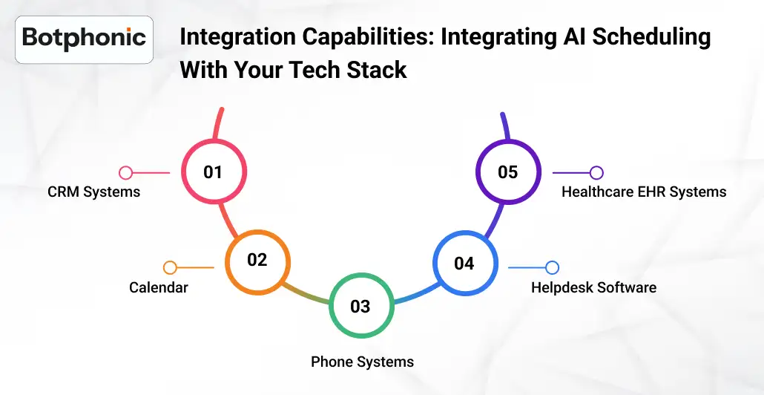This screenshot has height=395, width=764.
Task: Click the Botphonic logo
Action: point(84,39)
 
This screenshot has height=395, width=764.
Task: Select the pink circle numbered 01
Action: point(214,172)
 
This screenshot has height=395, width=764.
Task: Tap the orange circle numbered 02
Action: point(257,260)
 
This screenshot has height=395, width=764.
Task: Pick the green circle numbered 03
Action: point(360,306)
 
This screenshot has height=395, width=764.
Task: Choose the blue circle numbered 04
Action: point(464,264)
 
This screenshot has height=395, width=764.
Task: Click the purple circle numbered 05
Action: point(507,172)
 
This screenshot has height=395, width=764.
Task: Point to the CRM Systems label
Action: point(93,192)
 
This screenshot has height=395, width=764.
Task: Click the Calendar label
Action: point(158,287)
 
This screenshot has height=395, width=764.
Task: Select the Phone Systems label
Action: point(362,362)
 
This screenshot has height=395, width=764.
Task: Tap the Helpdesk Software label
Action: point(593,287)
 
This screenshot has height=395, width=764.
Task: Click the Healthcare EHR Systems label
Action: point(643,192)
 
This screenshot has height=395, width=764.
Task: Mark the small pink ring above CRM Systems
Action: point(126,173)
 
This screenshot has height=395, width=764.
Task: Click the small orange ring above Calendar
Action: point(170,267)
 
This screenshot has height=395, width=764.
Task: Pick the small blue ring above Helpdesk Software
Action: point(552,267)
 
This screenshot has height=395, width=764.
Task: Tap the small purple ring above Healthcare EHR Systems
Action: point(596,173)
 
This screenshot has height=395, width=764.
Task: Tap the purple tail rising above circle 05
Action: point(504,126)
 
